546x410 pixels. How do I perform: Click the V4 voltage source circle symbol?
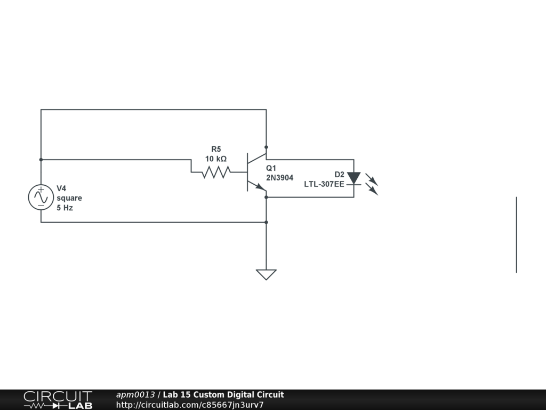(41, 197)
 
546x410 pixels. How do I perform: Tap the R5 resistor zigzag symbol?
(215, 172)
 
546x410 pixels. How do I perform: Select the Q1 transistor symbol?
(254, 172)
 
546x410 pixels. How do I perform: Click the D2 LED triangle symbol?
(354, 178)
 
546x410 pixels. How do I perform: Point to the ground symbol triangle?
(266, 274)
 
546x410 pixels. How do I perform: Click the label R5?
(215, 149)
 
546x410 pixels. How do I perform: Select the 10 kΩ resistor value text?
(215, 159)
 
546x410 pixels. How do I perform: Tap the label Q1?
(271, 168)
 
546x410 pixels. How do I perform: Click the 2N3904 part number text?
(279, 178)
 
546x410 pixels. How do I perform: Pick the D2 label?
(339, 174)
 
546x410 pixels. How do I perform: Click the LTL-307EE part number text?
(324, 184)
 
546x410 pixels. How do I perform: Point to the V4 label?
(62, 188)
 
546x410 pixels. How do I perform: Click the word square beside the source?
(69, 198)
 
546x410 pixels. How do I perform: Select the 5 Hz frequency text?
(65, 208)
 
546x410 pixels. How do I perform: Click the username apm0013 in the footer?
(135, 395)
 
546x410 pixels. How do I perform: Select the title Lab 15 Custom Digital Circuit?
(223, 395)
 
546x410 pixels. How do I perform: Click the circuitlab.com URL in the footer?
(190, 405)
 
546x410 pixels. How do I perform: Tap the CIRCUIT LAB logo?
(58, 400)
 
